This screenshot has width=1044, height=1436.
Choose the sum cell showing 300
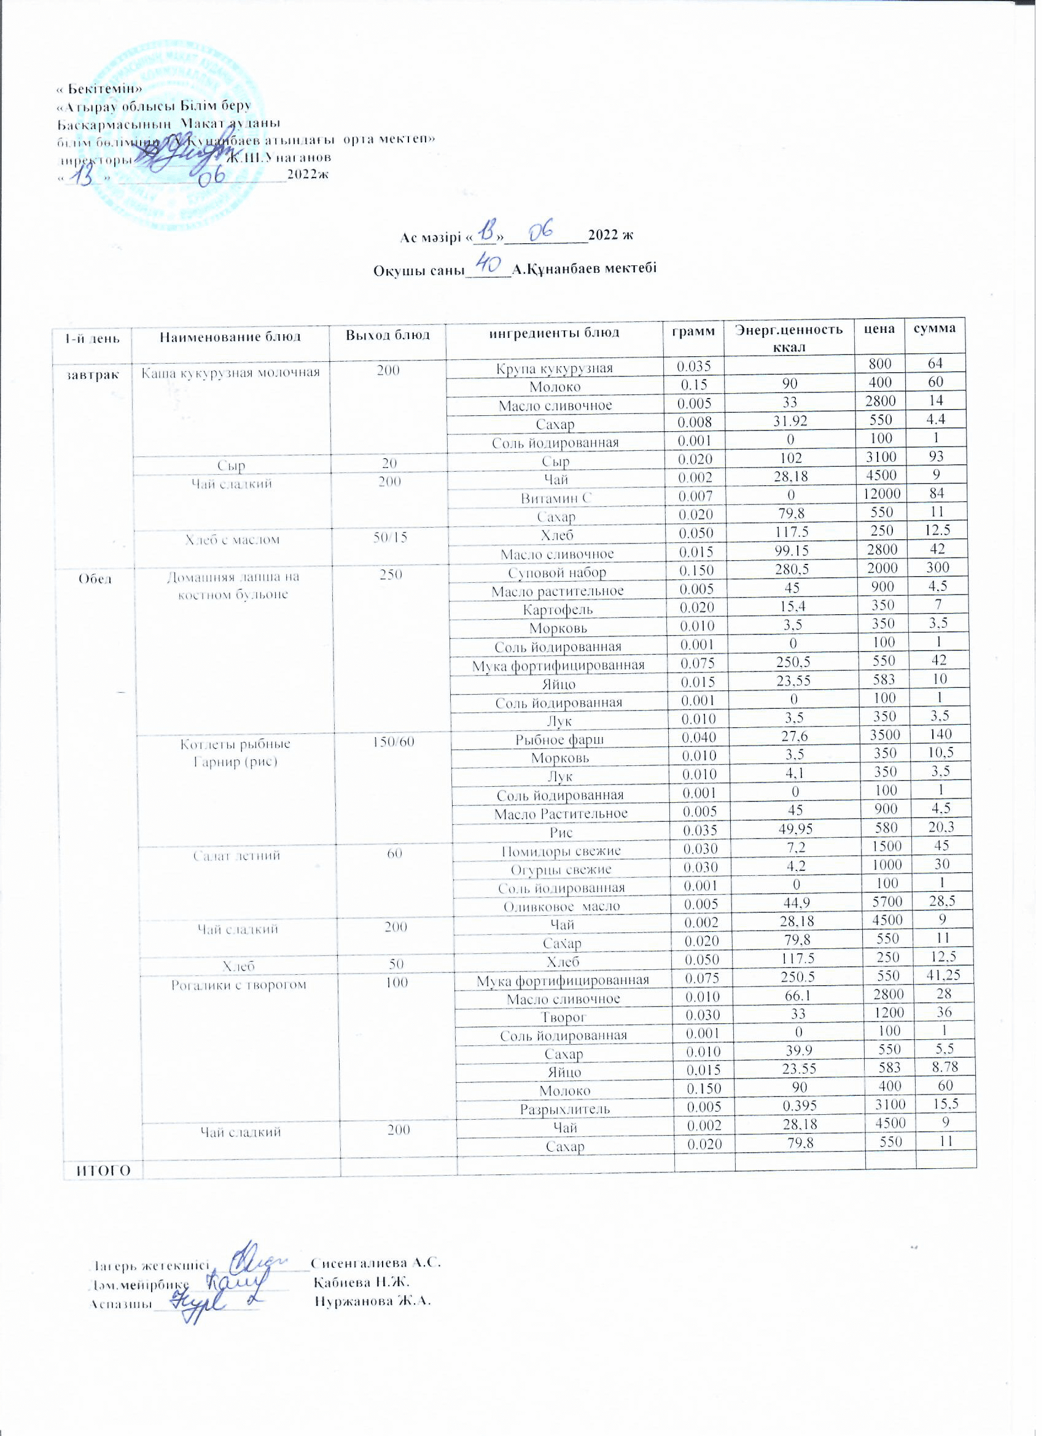coord(940,568)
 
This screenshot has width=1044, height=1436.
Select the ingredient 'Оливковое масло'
coord(561,907)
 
